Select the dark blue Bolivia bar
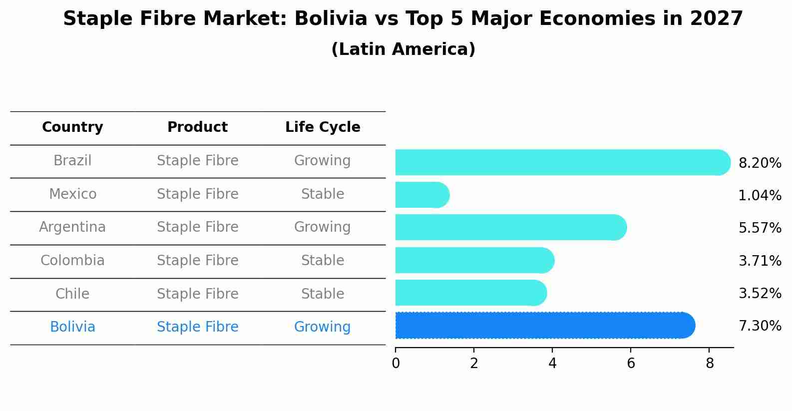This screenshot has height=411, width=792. tap(545, 326)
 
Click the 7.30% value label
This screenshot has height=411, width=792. tap(760, 326)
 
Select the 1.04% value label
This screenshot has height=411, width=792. tap(760, 195)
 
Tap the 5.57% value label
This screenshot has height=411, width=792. tap(760, 228)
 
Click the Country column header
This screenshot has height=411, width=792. tap(72, 127)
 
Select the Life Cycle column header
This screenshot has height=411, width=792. tap(323, 127)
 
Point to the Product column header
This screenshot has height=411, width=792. tap(197, 127)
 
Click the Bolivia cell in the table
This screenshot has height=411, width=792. tap(72, 327)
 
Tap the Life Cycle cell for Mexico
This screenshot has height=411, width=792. tap(323, 194)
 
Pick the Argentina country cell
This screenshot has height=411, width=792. tap(72, 227)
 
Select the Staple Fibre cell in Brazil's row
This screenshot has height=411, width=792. tap(197, 161)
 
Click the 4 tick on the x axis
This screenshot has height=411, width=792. tap(552, 364)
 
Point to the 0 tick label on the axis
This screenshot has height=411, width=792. tap(396, 364)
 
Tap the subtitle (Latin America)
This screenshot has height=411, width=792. tap(403, 49)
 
